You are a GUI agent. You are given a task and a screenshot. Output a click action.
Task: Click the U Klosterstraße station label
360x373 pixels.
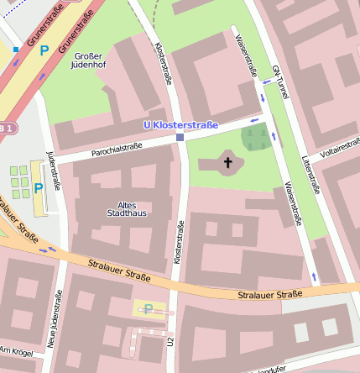(180, 126)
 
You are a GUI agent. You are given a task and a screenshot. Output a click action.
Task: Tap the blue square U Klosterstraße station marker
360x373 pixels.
(180, 138)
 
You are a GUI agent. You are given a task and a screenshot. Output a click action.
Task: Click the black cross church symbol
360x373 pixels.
(227, 161)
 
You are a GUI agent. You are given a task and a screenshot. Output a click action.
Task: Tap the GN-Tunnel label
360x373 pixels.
(279, 83)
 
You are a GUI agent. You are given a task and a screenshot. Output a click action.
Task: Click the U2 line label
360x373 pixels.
(170, 343)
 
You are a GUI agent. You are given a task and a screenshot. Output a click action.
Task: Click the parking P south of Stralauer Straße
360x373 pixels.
(149, 309)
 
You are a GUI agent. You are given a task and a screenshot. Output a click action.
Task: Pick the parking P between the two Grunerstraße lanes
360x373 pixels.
(44, 50)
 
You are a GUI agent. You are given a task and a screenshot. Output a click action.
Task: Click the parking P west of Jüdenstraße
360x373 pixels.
(39, 188)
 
